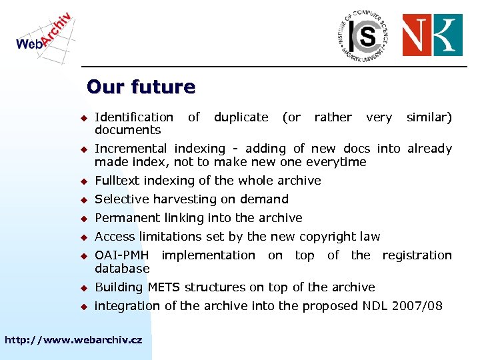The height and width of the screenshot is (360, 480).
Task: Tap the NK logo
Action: (x=432, y=35)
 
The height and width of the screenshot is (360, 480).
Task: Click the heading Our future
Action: (x=141, y=87)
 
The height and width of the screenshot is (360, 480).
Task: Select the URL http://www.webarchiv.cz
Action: (x=73, y=340)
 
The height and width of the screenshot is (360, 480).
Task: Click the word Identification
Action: (x=134, y=117)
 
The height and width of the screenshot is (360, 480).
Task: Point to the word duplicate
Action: (x=241, y=117)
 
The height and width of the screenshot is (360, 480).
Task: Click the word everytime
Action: (x=336, y=162)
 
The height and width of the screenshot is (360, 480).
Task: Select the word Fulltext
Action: (x=117, y=181)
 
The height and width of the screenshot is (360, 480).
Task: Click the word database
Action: (x=122, y=269)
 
